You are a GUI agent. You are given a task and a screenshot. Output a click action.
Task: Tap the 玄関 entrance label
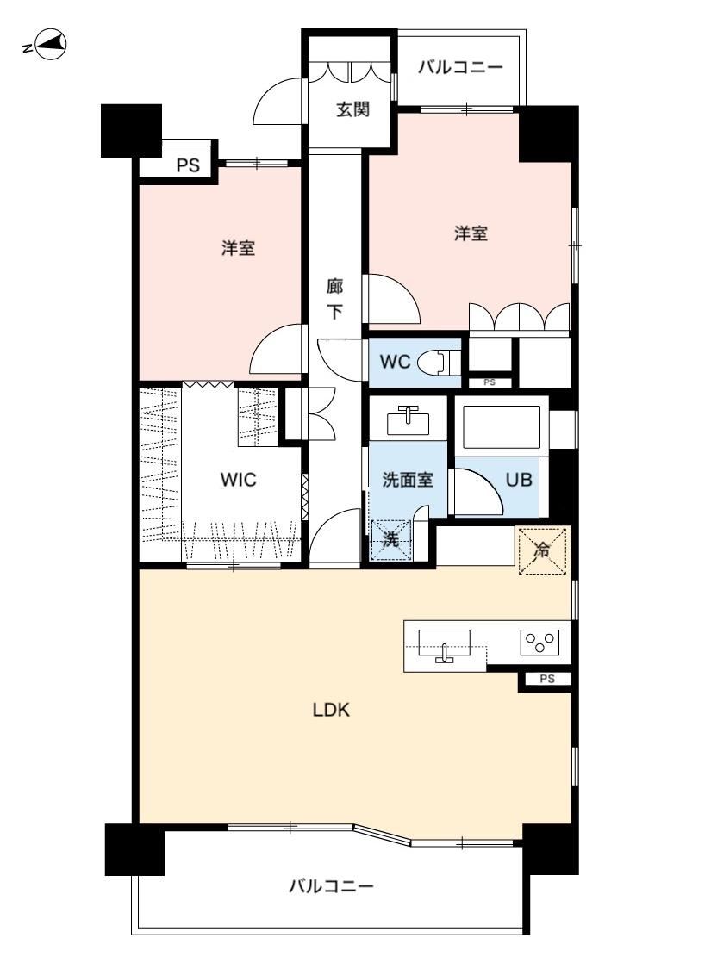(x=352, y=110)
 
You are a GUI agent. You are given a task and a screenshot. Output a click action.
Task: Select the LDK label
(x=331, y=710)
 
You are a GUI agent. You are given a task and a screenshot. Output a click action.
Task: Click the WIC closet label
(x=238, y=480)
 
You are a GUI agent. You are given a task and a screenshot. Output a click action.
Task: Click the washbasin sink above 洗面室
(x=408, y=421)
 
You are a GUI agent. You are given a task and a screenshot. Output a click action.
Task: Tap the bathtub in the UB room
(x=501, y=427)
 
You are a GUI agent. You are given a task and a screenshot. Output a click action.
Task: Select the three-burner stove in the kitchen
(x=539, y=642)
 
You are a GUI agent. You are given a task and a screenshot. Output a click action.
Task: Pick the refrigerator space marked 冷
(x=542, y=550)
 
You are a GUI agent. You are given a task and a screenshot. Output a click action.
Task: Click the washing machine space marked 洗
(x=390, y=539)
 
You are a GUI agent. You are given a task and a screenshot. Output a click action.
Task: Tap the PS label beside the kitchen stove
(x=546, y=679)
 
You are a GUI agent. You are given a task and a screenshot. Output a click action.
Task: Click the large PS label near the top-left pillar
(x=188, y=165)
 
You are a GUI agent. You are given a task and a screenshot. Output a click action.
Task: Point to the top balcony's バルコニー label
(x=460, y=66)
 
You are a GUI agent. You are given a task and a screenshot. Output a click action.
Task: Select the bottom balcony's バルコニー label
(x=332, y=887)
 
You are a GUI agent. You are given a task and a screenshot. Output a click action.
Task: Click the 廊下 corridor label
(x=334, y=299)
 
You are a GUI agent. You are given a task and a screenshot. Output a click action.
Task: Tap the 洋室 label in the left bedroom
(x=238, y=248)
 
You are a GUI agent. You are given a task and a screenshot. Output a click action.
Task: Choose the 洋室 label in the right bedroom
(x=471, y=233)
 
